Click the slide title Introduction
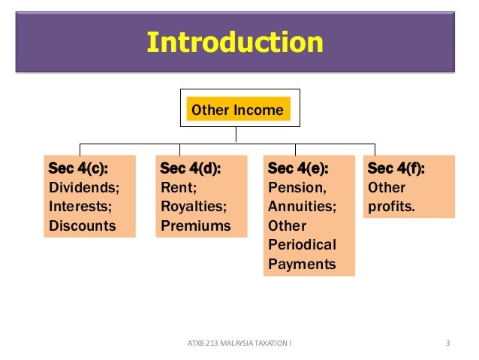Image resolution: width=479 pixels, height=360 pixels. point(235,42)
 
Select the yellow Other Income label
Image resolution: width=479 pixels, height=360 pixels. point(237,110)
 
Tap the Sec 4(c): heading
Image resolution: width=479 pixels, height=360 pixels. point(73,168)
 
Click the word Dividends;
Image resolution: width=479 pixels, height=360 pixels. point(83,187)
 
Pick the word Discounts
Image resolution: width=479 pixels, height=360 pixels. point(82,225)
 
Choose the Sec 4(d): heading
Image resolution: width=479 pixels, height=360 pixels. point(191,168)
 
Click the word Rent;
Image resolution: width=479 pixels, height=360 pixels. point(178,187)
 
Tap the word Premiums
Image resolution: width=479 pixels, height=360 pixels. point(195,225)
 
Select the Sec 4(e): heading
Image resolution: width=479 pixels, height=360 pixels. point(298,168)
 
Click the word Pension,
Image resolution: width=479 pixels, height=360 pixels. point(297,187)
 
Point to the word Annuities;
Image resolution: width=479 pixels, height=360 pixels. point(302,206)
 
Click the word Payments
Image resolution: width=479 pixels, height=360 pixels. point(302,265)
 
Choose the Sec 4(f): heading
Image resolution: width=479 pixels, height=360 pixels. point(396,168)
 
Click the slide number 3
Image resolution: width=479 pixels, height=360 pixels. point(447,344)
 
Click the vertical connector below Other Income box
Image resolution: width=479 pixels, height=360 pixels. point(236,134)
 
